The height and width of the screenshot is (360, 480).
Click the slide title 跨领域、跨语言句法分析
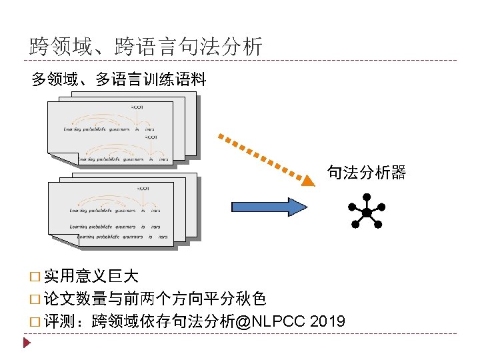(x=146, y=47)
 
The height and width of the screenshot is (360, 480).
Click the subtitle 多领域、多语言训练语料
(x=119, y=81)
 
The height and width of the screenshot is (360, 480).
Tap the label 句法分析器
(x=366, y=173)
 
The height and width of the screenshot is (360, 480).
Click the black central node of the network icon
(x=366, y=213)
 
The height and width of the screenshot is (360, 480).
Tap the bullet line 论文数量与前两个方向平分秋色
(x=155, y=297)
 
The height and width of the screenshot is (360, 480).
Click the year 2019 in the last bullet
(x=327, y=321)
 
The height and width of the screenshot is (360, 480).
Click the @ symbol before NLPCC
(x=243, y=321)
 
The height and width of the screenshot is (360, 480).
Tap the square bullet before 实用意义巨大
(x=35, y=275)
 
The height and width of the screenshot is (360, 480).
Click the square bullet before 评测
(x=35, y=322)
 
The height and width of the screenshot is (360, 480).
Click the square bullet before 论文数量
(x=35, y=299)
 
